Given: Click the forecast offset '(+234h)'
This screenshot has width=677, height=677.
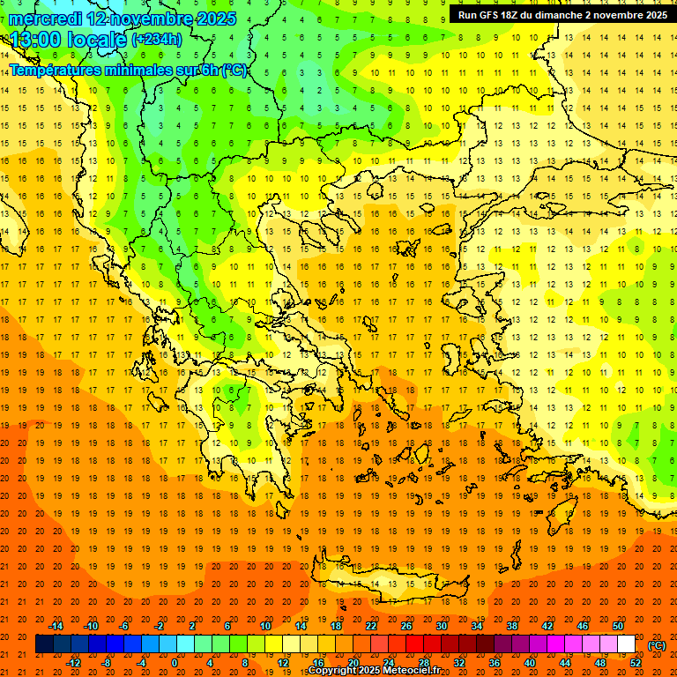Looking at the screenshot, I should click(157, 40).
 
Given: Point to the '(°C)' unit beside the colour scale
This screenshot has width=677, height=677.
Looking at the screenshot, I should click(657, 645).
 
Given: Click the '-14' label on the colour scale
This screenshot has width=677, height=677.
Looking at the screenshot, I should click(56, 626).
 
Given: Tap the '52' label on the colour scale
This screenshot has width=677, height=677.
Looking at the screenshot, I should click(636, 663).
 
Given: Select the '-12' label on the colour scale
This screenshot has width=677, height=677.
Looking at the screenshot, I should click(73, 663).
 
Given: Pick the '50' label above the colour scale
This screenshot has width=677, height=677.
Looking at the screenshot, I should click(618, 626).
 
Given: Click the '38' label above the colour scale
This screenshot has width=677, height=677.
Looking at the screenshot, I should click(512, 626).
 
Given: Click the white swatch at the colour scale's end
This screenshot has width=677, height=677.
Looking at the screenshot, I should click(626, 644).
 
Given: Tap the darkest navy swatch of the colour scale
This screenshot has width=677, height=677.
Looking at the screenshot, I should click(44, 644).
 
